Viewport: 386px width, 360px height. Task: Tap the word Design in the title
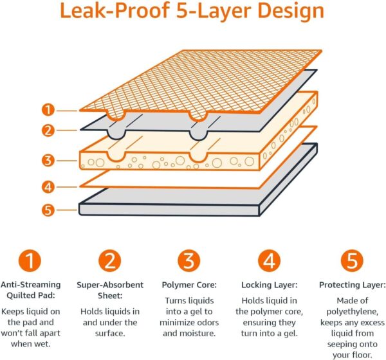(293, 13)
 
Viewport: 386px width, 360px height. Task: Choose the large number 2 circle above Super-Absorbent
(110, 262)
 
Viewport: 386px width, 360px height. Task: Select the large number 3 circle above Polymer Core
(189, 262)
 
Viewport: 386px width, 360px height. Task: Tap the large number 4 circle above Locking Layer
(269, 262)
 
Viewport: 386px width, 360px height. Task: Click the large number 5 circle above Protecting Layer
(351, 262)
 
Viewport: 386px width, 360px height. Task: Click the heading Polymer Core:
(189, 284)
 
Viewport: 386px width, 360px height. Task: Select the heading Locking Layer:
(269, 284)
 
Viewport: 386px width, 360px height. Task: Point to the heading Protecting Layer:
(352, 284)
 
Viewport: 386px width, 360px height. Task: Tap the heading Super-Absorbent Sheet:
(110, 289)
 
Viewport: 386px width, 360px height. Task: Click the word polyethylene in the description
(352, 311)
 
